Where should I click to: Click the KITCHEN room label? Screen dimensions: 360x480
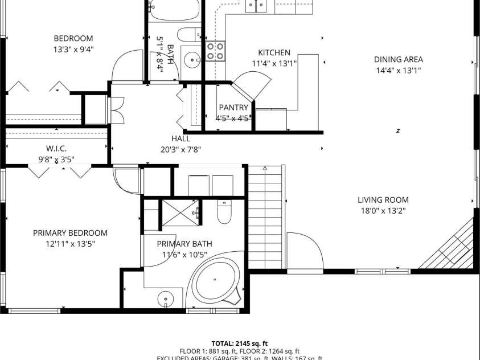click(274, 52)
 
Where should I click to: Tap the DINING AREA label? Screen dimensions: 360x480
click(398, 59)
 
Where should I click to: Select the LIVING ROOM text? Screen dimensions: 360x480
click(383, 200)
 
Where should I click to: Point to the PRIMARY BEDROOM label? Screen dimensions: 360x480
click(70, 233)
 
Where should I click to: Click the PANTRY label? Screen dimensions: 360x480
click(233, 108)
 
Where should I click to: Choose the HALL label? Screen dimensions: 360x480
click(180, 138)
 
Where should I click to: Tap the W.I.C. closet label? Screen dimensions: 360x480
click(56, 149)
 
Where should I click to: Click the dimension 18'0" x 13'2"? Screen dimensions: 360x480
click(383, 211)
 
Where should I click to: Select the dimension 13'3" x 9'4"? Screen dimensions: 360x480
click(73, 49)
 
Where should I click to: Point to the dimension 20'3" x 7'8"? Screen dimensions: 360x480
click(180, 150)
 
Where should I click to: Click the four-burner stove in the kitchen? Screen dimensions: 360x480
click(215, 51)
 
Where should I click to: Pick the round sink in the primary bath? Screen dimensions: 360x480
click(166, 297)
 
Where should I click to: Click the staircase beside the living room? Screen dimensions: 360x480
click(265, 216)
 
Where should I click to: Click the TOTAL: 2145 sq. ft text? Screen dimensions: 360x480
click(240, 343)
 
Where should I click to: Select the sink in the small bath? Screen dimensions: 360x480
click(193, 58)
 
